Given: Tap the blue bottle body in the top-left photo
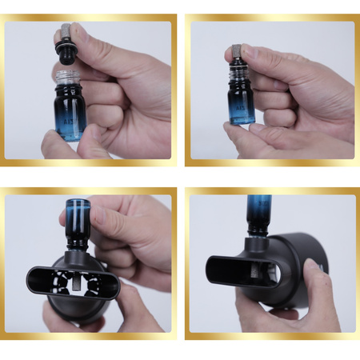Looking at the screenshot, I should point(71,112).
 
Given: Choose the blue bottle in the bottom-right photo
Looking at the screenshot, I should point(258,209).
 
